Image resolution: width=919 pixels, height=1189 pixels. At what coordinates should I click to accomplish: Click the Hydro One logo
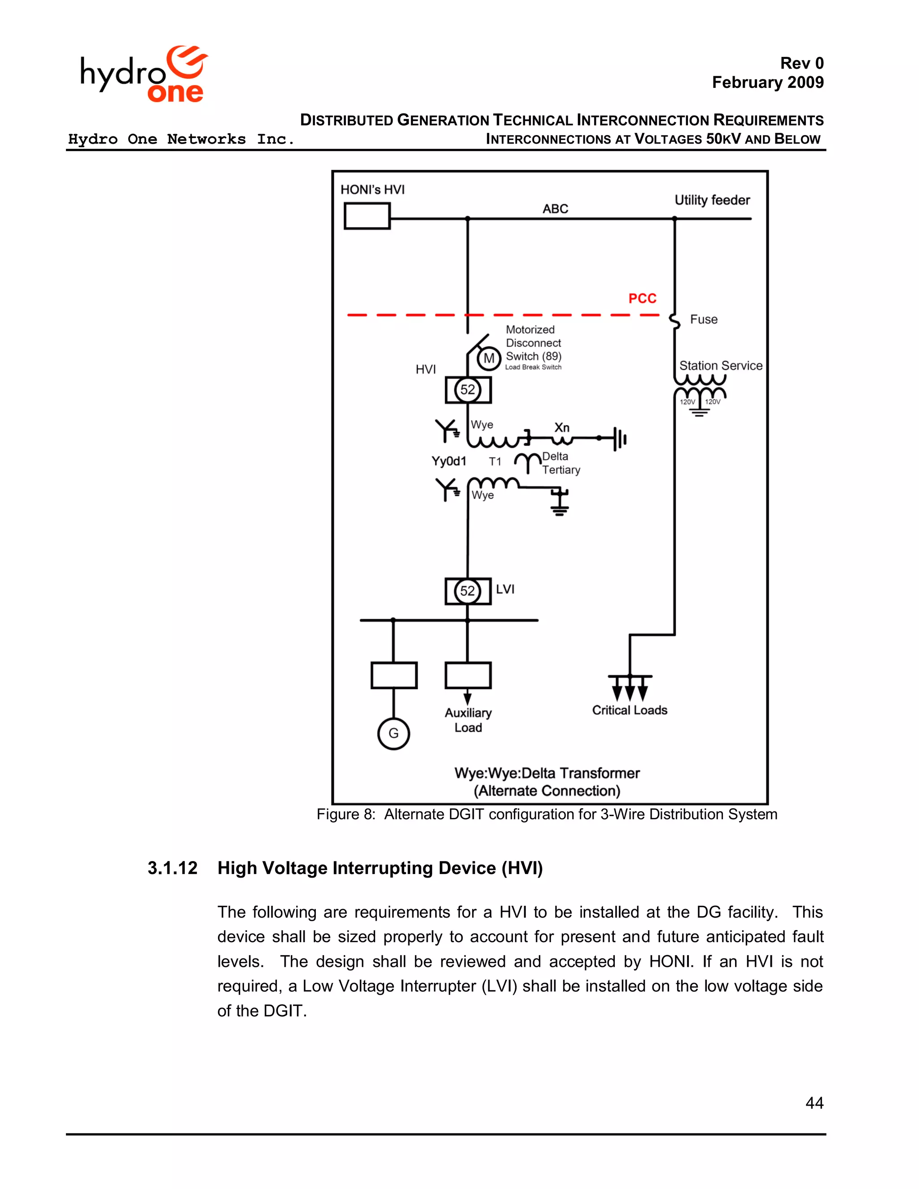tap(144, 75)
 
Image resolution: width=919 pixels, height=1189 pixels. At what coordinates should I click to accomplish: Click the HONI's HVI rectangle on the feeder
tap(367, 216)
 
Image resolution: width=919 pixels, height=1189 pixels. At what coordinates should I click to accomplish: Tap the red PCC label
tap(643, 298)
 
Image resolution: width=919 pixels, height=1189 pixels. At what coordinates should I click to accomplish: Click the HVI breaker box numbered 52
tap(468, 390)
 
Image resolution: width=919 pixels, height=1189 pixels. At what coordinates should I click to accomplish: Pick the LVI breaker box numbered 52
tap(468, 591)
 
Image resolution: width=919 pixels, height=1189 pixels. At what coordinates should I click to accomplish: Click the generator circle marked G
tap(393, 733)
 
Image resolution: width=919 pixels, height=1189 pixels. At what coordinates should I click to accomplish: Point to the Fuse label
tap(704, 319)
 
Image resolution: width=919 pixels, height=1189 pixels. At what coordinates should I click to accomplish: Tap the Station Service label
tap(720, 366)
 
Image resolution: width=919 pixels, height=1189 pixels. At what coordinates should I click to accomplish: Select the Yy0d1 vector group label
tap(449, 461)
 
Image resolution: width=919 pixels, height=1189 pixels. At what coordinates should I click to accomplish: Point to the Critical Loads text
tap(630, 710)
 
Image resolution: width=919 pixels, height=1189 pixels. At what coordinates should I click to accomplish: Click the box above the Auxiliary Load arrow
tap(468, 676)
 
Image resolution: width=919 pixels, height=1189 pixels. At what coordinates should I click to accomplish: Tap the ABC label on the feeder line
tap(556, 209)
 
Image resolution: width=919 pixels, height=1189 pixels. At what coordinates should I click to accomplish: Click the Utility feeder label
tap(712, 201)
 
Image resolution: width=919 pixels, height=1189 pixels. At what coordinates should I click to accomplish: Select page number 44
tap(814, 1103)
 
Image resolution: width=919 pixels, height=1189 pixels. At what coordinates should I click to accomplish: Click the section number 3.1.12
tap(173, 868)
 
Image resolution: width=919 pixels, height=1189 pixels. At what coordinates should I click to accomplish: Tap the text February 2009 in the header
tap(768, 83)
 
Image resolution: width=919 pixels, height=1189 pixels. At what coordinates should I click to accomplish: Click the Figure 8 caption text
tap(547, 814)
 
